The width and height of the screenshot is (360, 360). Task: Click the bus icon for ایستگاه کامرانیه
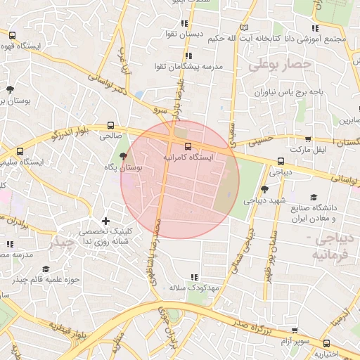pyautogui.click(x=187, y=146)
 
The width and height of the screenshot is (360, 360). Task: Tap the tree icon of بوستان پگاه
pyautogui.click(x=124, y=156)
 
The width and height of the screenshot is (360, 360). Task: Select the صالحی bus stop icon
pyautogui.click(x=110, y=124)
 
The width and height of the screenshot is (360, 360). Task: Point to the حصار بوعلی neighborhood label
pyautogui.click(x=278, y=65)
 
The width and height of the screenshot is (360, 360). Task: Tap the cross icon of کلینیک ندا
pyautogui.click(x=106, y=221)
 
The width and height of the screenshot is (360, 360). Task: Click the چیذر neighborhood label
pyautogui.click(x=60, y=243)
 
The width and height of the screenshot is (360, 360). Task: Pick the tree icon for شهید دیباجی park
pyautogui.click(x=264, y=189)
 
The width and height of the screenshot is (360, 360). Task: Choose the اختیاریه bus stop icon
pyautogui.click(x=326, y=343)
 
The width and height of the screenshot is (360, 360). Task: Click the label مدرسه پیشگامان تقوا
pyautogui.click(x=188, y=67)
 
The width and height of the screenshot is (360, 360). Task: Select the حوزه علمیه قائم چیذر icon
pyautogui.click(x=46, y=269)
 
